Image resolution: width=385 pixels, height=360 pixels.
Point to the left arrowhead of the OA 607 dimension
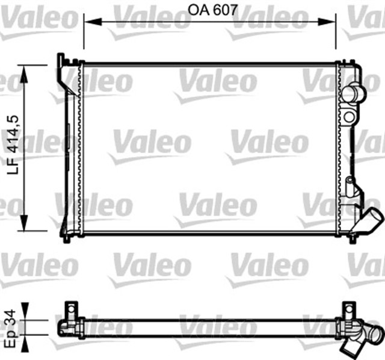click(88, 22)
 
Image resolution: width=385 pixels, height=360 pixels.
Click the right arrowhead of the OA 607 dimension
click(332, 22)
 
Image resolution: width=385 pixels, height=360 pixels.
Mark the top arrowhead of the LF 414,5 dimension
click(24, 72)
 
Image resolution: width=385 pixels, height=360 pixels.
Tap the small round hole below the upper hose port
click(350, 117)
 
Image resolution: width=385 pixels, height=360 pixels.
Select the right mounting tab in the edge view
click(348, 311)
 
